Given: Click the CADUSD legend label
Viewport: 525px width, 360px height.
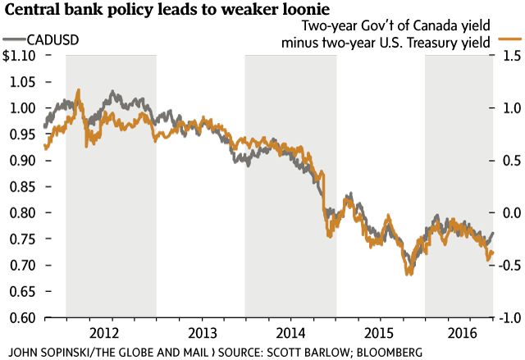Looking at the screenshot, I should (54, 39).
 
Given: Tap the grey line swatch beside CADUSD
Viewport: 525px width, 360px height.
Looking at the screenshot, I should (13, 39).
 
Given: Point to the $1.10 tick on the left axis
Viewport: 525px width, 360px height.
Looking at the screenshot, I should (18, 56).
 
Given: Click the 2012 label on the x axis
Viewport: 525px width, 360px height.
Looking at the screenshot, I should (111, 334).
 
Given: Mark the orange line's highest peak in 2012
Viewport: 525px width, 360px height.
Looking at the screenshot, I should (78, 90).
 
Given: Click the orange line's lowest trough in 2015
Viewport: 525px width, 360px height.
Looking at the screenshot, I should (408, 274).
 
